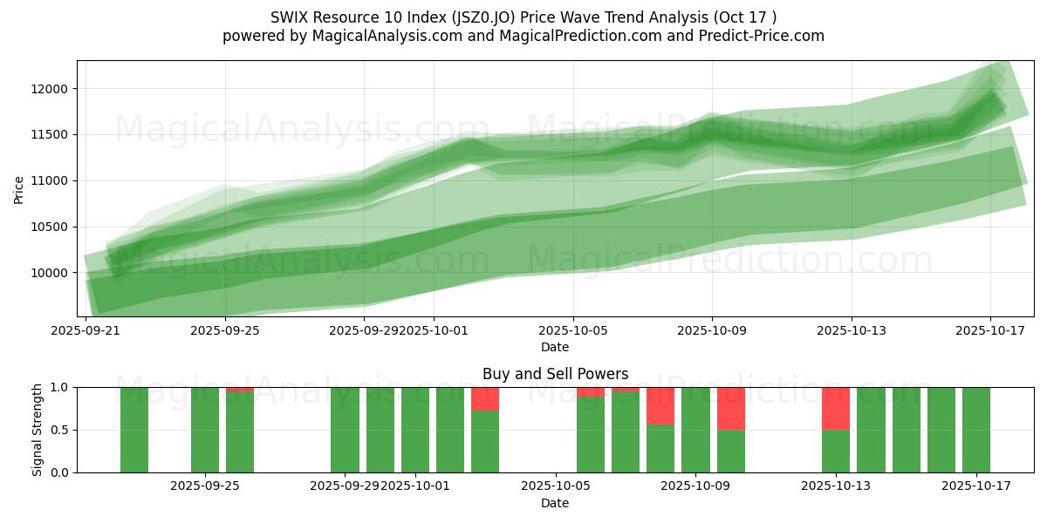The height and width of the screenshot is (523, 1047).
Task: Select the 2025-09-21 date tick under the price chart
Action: point(86,330)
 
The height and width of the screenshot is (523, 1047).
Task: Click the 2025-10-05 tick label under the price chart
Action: point(573,330)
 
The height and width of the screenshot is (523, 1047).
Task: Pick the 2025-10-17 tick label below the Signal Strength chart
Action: point(976,486)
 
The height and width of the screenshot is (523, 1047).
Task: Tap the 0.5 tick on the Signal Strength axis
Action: point(60,430)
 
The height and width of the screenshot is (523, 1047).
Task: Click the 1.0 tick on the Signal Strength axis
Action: point(60,387)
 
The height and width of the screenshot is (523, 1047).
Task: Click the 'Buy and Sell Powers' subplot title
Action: point(555,374)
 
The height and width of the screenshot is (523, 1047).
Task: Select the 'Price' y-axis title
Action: point(19,189)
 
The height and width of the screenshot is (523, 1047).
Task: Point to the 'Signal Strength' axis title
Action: point(37,430)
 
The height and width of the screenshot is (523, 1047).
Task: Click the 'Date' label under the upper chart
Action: point(555,347)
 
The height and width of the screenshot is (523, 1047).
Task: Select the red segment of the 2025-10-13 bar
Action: point(836,408)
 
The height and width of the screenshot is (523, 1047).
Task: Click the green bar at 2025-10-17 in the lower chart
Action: point(976,430)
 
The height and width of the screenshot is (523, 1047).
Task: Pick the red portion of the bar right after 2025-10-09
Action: point(731,408)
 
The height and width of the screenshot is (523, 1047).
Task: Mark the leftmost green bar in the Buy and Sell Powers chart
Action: point(134,430)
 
